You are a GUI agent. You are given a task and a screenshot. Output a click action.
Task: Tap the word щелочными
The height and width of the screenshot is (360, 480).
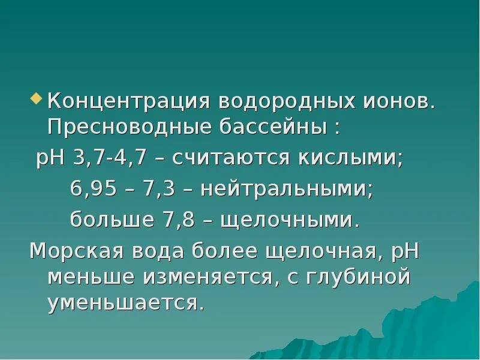coord(290,219)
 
